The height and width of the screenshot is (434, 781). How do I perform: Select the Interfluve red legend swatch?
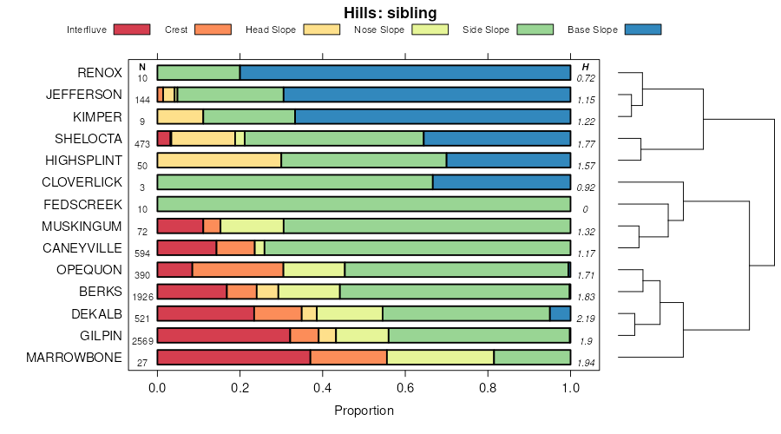coord(133,30)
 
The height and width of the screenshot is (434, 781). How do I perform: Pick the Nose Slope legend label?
coord(379,30)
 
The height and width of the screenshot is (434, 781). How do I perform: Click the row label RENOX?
coord(99,73)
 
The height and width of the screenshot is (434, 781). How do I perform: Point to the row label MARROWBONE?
coord(74,357)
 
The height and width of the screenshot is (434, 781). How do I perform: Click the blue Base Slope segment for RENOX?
coord(404,73)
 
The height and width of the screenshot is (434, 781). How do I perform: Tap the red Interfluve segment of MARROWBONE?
coord(233,357)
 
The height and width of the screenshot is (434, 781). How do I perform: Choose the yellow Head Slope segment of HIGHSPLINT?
coord(219,160)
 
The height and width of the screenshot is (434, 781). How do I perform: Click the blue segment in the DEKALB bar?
coord(560,313)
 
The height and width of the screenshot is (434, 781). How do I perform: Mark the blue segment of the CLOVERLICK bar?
coord(501,182)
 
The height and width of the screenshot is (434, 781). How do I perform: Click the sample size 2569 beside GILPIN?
coord(141,340)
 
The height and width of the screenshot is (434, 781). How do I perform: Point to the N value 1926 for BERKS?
coord(141,297)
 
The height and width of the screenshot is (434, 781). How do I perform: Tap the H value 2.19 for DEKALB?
coord(587,319)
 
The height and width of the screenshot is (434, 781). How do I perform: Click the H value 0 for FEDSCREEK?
coord(586,209)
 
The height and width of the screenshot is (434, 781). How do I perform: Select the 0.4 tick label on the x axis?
coord(322,387)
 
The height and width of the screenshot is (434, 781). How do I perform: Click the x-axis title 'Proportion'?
coord(364,411)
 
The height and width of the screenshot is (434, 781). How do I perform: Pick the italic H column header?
coord(586,67)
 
